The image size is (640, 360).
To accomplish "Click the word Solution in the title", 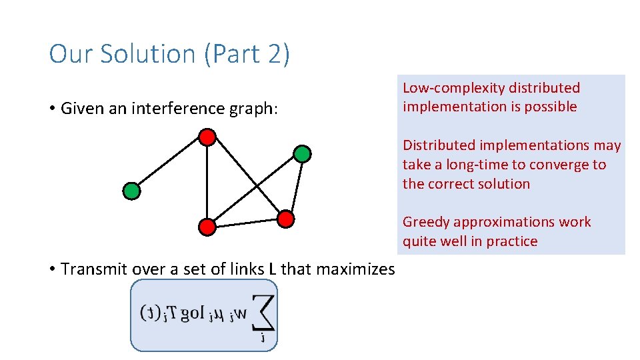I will (141, 54).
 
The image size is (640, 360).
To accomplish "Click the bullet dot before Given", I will (52, 109).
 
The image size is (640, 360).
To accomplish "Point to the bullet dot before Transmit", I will (52, 269).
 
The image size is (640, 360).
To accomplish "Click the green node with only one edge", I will (132, 191).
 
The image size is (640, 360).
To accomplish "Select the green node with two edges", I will (302, 154).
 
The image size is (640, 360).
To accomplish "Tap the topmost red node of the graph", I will (207, 137).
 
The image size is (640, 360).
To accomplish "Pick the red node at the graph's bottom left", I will (207, 227).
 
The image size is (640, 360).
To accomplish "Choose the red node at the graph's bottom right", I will (285, 218).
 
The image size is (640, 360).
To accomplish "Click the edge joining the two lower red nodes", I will (247, 223).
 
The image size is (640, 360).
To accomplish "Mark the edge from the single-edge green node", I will (169, 164).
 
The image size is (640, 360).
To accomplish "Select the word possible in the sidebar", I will (551, 107).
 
